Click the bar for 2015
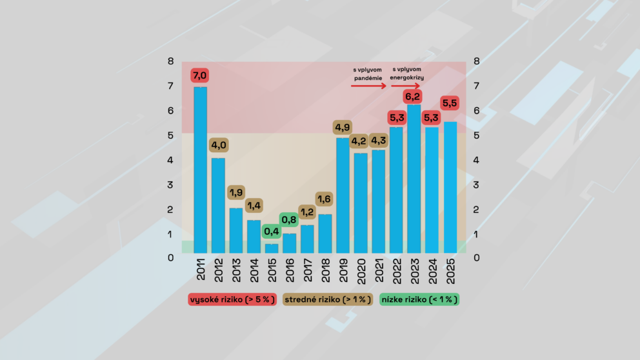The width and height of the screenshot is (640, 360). [x=272, y=248]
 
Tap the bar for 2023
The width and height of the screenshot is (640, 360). [x=414, y=178]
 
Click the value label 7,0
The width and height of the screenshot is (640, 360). [x=201, y=76]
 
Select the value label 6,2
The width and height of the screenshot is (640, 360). [x=413, y=97]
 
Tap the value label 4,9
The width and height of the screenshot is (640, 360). [x=343, y=126]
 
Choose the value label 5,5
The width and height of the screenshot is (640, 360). [x=450, y=103]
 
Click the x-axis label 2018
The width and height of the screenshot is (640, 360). [x=325, y=270]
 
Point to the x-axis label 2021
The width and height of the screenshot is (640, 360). [x=379, y=270]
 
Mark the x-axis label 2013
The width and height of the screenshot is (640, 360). [x=236, y=270]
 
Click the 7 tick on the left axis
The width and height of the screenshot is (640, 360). [x=170, y=86]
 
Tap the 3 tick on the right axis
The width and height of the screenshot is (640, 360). [x=476, y=185]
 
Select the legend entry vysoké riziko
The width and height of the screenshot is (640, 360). [x=232, y=300]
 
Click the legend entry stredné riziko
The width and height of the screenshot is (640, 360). [x=328, y=300]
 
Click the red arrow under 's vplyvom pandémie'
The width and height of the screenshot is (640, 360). [x=368, y=85]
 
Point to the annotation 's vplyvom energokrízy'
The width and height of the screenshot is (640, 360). [x=407, y=74]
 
